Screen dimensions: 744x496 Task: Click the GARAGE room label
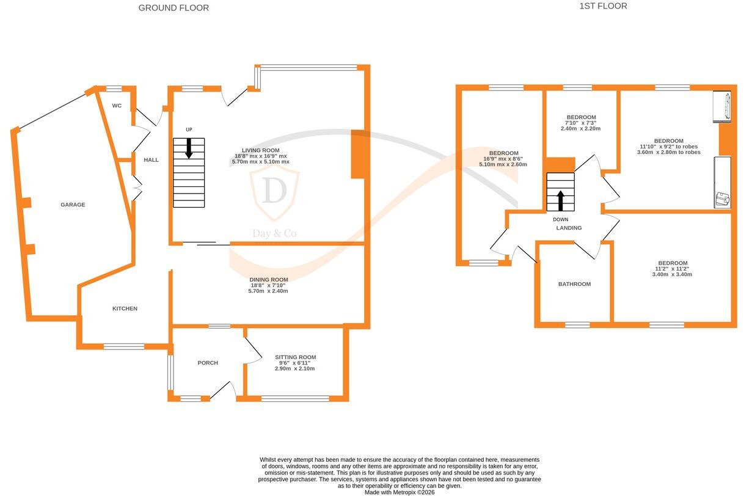(x=73, y=205)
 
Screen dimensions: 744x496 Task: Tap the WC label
(x=117, y=106)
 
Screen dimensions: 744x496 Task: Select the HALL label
(x=151, y=160)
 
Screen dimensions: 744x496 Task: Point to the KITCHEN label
(x=125, y=308)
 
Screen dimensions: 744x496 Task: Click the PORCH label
(x=208, y=363)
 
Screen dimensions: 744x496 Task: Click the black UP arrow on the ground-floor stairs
(x=189, y=148)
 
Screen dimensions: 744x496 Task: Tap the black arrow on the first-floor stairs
(x=560, y=200)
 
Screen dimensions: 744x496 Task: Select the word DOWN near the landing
(x=560, y=219)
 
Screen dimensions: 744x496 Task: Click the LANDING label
(x=569, y=228)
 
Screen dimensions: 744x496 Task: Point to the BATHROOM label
(x=574, y=284)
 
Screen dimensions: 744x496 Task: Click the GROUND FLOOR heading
(x=173, y=8)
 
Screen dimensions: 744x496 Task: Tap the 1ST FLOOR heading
(x=603, y=6)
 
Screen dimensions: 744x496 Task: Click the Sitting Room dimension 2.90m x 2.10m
(x=294, y=368)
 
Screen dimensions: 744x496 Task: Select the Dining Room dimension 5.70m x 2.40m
(x=268, y=291)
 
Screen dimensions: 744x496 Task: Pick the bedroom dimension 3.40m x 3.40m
(x=672, y=274)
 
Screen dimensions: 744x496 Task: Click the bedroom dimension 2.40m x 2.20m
(x=580, y=128)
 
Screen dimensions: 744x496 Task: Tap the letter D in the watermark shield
(x=274, y=190)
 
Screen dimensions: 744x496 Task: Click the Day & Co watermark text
(x=274, y=233)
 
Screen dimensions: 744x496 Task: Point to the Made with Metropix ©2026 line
(x=399, y=492)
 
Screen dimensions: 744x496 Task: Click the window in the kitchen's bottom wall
(x=124, y=346)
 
